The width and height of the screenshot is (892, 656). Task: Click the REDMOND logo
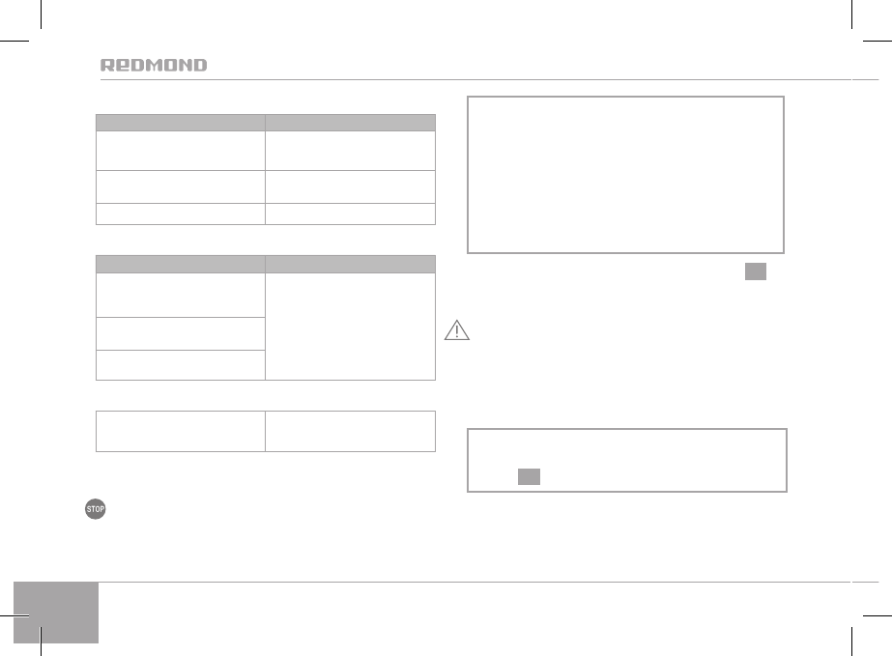[154, 66]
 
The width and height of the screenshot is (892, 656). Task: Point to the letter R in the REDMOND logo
[108, 66]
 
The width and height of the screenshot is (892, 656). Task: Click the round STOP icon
[95, 510]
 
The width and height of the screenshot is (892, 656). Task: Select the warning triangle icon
[456, 331]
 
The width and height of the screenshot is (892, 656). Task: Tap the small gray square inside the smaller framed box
[528, 476]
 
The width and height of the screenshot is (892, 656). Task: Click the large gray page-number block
[57, 613]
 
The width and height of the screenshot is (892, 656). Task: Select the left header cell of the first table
[180, 123]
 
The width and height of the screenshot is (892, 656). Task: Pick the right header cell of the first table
[350, 123]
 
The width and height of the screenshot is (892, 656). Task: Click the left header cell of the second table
[180, 263]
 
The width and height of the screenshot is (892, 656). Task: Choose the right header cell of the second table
[350, 263]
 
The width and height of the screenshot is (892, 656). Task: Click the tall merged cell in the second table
[350, 326]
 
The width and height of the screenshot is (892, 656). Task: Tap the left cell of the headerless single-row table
[180, 430]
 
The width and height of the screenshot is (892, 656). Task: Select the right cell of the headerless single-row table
[350, 430]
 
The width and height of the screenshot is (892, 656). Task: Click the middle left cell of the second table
[180, 333]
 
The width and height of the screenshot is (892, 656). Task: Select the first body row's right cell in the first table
[350, 149]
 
